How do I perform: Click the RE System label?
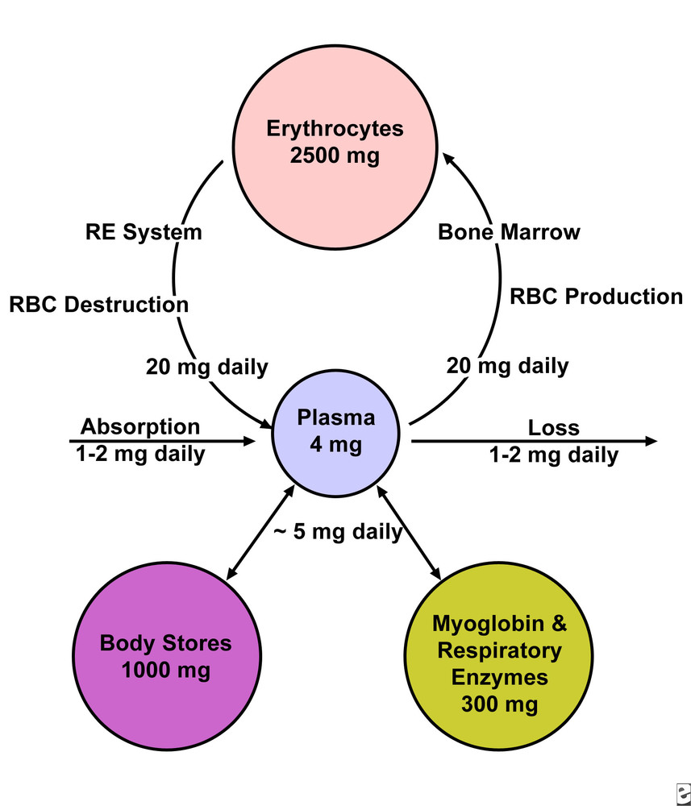coord(144,233)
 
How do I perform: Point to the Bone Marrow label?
coord(509,233)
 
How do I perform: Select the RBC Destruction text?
coord(98,305)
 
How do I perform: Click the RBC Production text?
coord(596,297)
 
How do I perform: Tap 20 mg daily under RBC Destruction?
coord(206,368)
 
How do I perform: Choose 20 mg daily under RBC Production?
coord(507,366)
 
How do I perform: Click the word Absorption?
coord(139,426)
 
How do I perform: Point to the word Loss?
coord(553,427)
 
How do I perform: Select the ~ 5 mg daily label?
coord(337,532)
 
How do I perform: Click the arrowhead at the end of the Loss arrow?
coord(651,441)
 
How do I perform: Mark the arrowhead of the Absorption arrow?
coord(249,441)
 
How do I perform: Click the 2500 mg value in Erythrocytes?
coord(334,156)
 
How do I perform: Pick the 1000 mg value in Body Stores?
coord(165,670)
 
